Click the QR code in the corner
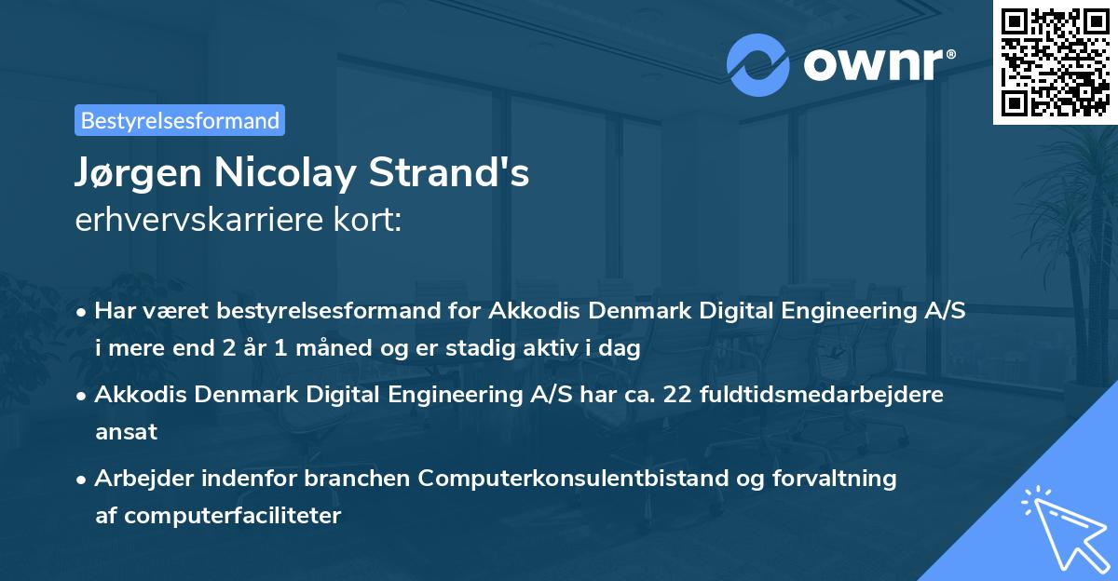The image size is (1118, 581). pos(1056,61)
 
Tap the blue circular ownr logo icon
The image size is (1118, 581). pos(757,65)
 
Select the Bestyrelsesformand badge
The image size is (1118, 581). pos(180,120)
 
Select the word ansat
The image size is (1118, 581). pos(126,431)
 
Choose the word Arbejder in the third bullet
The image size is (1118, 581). pos(138,479)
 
